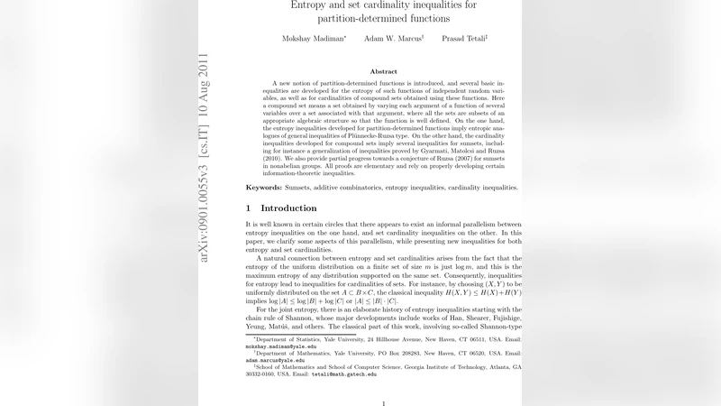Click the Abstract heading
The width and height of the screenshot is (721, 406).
[x=384, y=71]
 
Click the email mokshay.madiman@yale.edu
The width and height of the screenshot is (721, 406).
[x=280, y=346]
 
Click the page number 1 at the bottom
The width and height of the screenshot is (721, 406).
[x=384, y=402]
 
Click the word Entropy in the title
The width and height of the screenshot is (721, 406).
[x=312, y=5]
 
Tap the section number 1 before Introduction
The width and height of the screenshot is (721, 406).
[x=250, y=208]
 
